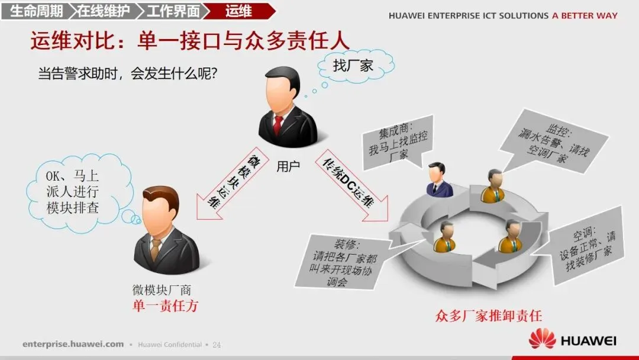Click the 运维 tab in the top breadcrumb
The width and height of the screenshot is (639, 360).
pyautogui.click(x=238, y=11)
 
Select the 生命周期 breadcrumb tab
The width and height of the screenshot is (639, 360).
pyautogui.click(x=37, y=11)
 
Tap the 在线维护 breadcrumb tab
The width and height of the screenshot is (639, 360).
pyautogui.click(x=104, y=11)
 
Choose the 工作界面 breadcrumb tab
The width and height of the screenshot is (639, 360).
pyautogui.click(x=172, y=11)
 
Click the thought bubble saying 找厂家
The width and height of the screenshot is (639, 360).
pyautogui.click(x=354, y=65)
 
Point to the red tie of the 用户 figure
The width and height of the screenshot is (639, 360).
pyautogui.click(x=278, y=125)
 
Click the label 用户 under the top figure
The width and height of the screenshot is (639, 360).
pyautogui.click(x=288, y=166)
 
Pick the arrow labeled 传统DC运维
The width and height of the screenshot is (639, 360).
pyautogui.click(x=351, y=183)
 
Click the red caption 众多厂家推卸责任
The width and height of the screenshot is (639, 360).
pyautogui.click(x=488, y=316)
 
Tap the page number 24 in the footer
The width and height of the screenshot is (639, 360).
pyautogui.click(x=216, y=345)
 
